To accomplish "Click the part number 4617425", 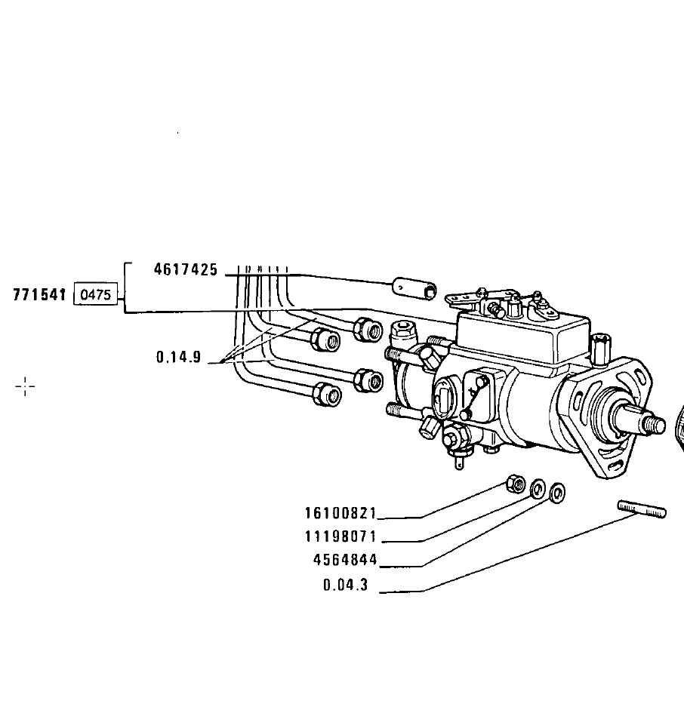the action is click(x=186, y=269).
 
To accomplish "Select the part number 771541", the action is click(x=39, y=295).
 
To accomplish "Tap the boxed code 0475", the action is click(x=96, y=295).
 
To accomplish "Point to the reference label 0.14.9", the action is click(x=178, y=358).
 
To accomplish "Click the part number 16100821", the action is click(x=340, y=513).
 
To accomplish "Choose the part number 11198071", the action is click(x=340, y=536).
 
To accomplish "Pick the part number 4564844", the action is click(x=345, y=560).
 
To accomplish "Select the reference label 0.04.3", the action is click(x=345, y=585).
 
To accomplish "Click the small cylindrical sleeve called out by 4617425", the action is click(x=414, y=288).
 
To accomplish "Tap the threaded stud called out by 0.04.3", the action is click(x=642, y=509).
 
